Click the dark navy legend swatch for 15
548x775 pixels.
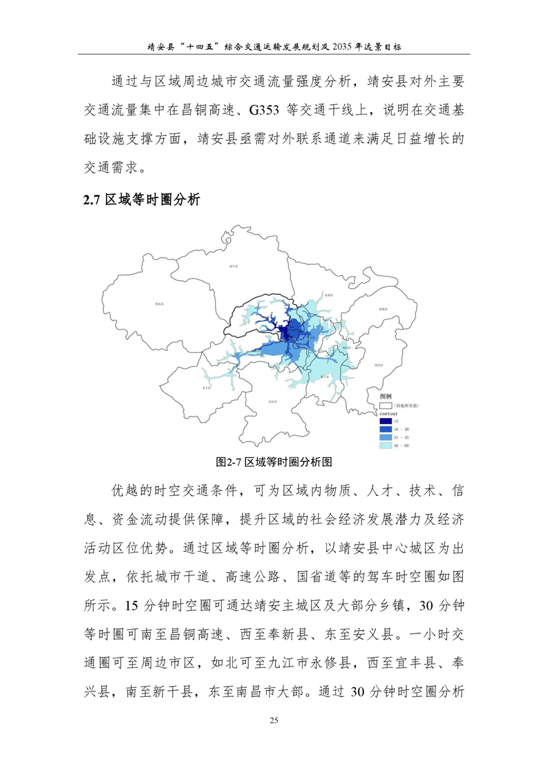tap(385, 421)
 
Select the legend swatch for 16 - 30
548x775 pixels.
tap(385, 429)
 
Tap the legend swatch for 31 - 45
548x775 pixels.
tap(385, 437)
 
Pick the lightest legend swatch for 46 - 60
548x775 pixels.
tap(385, 446)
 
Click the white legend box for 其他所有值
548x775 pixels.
tap(385, 406)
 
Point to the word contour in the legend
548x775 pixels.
tap(388, 413)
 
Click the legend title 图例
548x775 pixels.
tap(386, 396)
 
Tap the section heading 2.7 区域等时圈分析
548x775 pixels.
tap(142, 200)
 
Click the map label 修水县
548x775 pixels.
tap(159, 303)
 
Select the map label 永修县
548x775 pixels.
tap(328, 295)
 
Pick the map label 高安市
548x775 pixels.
tap(272, 401)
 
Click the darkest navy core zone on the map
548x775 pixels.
tap(284, 333)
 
